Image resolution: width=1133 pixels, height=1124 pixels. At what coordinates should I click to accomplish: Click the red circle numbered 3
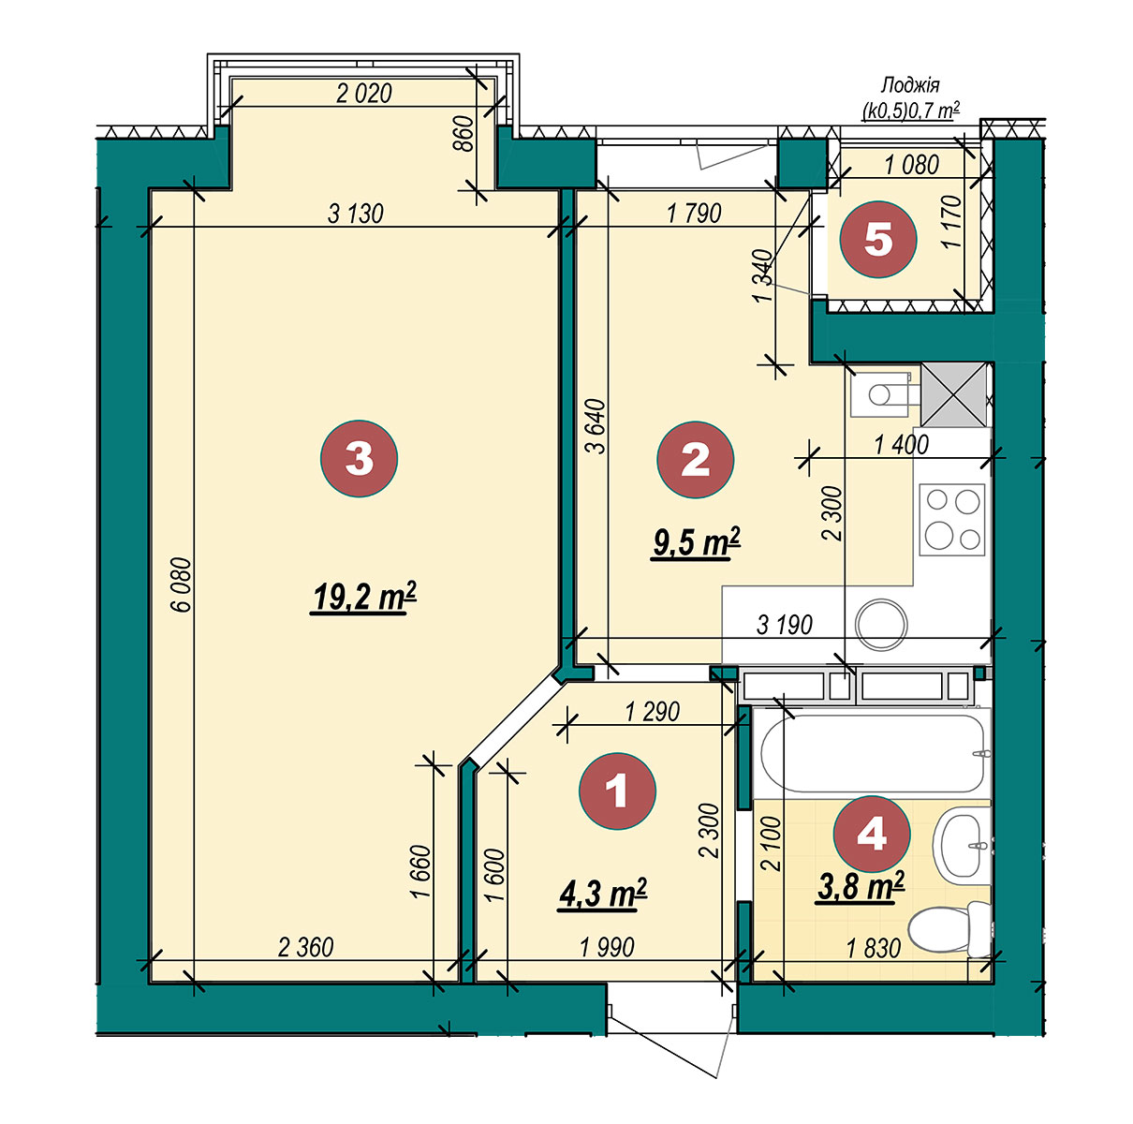[359, 458]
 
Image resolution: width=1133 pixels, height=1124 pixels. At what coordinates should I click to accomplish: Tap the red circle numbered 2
[695, 459]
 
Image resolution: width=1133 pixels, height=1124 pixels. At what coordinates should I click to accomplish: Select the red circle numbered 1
[617, 791]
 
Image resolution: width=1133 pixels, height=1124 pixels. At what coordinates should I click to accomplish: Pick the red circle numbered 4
[872, 834]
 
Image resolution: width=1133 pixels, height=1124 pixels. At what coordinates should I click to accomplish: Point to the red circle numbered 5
[878, 240]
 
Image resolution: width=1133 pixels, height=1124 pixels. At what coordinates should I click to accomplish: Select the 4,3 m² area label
[603, 894]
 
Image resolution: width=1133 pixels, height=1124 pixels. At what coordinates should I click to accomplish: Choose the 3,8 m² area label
[861, 885]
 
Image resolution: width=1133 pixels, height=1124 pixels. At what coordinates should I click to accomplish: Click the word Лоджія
[910, 86]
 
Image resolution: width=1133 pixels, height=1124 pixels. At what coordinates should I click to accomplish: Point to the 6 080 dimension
[184, 584]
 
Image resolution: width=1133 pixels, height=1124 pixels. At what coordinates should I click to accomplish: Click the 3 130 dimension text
[356, 214]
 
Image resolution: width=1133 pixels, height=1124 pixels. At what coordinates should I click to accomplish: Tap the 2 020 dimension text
[364, 94]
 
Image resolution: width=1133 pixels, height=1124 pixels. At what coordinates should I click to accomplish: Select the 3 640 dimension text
[596, 426]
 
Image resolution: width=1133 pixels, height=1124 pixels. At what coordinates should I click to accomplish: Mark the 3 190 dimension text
[785, 625]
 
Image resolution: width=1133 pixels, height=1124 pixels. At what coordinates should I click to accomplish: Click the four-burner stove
[952, 519]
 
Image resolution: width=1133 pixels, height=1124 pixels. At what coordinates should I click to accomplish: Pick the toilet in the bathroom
[949, 929]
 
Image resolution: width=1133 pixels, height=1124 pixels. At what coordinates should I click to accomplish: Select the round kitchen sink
[881, 624]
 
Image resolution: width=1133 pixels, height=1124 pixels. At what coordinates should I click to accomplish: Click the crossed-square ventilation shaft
[954, 395]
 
